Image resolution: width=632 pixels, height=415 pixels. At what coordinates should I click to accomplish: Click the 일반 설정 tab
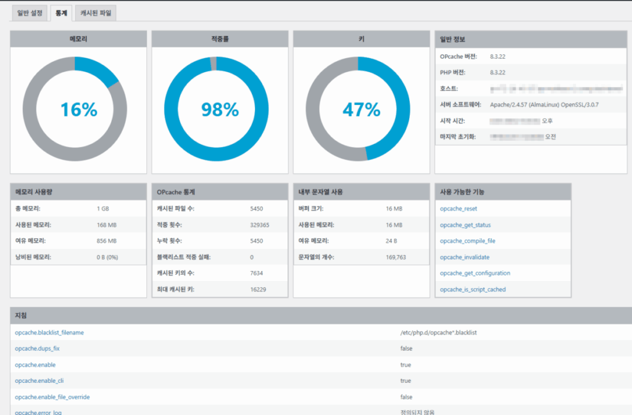tap(30, 13)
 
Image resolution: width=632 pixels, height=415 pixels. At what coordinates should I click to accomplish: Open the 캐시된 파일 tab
tap(97, 13)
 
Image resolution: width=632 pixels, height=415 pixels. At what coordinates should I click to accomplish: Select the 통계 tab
tap(61, 13)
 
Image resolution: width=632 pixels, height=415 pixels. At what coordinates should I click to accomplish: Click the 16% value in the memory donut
tap(78, 110)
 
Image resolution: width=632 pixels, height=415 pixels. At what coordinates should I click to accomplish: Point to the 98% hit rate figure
tap(220, 110)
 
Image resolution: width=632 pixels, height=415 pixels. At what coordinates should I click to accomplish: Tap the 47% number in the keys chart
tap(361, 110)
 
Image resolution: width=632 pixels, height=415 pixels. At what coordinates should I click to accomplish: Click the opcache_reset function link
tap(458, 209)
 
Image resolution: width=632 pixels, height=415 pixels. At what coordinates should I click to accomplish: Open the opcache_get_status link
tap(465, 225)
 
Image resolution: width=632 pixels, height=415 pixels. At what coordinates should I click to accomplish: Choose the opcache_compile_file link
tap(467, 241)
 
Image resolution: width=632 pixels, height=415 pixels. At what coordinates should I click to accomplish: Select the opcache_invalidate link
tap(464, 257)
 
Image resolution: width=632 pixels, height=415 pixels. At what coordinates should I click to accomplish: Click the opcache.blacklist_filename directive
tap(49, 332)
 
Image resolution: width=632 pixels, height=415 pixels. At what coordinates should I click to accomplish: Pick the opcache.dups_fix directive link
tap(37, 348)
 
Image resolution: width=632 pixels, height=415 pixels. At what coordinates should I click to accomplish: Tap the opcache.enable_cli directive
tap(39, 380)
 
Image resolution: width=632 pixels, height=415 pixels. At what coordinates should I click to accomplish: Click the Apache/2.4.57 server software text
tap(544, 104)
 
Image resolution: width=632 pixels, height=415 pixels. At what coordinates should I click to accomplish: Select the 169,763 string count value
tap(396, 257)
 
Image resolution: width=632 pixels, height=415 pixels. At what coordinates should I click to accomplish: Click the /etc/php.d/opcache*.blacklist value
tap(438, 332)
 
